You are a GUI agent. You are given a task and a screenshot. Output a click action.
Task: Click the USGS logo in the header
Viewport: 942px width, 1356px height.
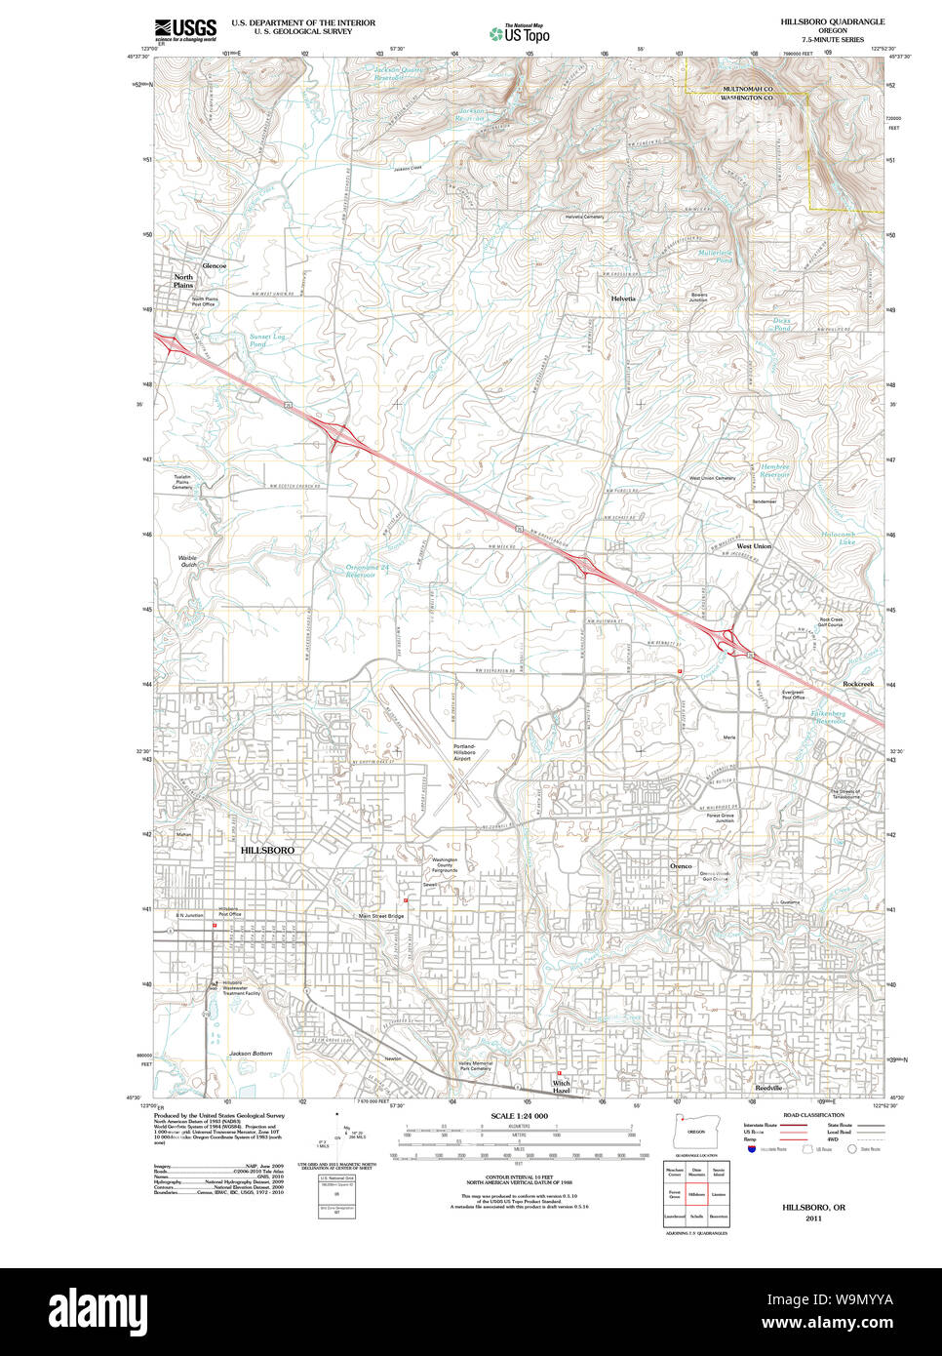pos(185,29)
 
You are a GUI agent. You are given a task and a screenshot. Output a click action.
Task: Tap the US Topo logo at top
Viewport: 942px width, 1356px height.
pos(520,34)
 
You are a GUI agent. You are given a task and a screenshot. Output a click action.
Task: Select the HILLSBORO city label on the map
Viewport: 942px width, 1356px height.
pos(267,851)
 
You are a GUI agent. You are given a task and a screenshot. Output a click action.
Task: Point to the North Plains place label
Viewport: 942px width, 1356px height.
pos(183,281)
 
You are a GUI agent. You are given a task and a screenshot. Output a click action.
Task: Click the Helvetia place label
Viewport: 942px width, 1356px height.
pos(623,299)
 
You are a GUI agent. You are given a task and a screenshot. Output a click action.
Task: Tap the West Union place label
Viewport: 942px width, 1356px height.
pos(754,546)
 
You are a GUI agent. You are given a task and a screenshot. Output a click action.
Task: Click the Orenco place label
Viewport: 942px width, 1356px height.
pos(681,865)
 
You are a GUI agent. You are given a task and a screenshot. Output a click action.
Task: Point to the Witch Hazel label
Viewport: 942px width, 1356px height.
pos(562,1086)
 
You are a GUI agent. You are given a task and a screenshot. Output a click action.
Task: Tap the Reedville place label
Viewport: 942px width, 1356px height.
pos(768,1088)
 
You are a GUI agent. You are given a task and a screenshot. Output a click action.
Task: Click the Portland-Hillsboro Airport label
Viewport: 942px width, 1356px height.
pos(464,752)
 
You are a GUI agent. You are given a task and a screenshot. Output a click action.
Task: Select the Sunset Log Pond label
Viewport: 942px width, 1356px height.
pos(266,339)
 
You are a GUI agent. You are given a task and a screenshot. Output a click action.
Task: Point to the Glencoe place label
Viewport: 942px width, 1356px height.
pos(214,266)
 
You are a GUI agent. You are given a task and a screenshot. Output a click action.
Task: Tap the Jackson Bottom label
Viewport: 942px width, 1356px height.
pos(251,1054)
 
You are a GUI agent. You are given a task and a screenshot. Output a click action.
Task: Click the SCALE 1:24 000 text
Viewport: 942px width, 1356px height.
pos(519,1116)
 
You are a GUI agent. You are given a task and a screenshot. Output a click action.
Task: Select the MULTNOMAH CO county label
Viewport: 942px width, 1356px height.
pos(747,89)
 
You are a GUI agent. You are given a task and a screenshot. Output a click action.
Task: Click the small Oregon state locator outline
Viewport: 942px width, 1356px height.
pos(695,1131)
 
